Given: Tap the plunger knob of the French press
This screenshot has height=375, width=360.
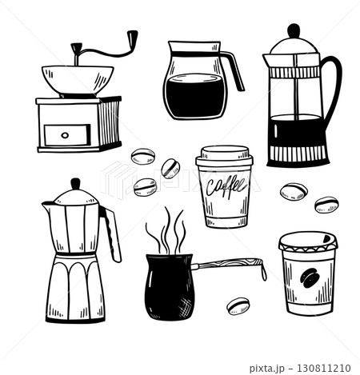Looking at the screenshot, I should [294, 31].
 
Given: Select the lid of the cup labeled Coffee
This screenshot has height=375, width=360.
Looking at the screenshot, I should [225, 157].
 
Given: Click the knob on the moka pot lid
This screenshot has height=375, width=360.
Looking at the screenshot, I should [74, 184].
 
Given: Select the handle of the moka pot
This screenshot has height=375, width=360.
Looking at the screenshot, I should [113, 234].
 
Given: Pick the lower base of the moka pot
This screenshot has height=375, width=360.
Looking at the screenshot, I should [75, 292].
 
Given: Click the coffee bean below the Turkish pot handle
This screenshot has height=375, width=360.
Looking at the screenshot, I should [238, 305].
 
